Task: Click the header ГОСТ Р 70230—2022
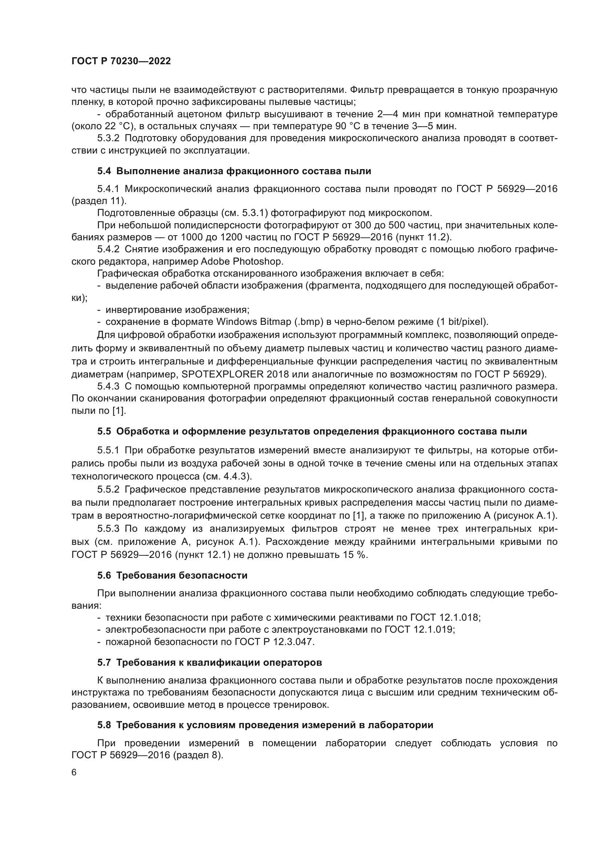(121, 61)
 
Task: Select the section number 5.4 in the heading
(104, 171)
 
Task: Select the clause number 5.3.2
(108, 138)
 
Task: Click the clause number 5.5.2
(108, 490)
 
